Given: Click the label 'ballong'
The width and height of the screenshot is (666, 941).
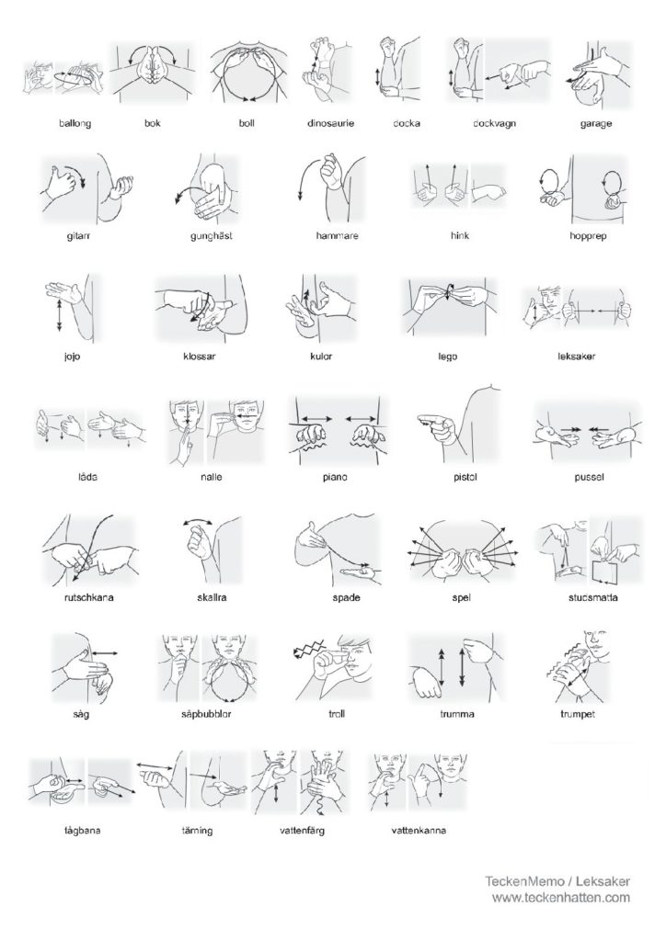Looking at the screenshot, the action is click(75, 124).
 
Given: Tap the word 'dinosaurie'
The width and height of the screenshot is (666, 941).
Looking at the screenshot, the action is click(330, 123).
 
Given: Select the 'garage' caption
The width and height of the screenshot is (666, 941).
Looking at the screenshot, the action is click(596, 124).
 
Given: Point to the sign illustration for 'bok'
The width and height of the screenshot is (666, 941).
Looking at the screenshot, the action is click(153, 72).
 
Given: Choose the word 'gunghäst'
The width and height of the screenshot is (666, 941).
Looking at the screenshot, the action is click(212, 236).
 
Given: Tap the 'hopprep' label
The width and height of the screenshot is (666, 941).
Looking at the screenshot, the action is click(588, 236).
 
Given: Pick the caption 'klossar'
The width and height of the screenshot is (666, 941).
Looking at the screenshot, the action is click(199, 357).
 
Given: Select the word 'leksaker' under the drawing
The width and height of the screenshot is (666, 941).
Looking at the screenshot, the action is click(576, 357).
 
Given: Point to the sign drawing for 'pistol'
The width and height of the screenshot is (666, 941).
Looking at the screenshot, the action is click(457, 422).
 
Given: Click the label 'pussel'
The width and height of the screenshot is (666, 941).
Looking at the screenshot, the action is click(589, 477).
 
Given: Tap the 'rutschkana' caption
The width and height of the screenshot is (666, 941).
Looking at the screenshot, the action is click(88, 597).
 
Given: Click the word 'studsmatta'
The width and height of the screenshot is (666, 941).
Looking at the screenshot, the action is click(592, 597).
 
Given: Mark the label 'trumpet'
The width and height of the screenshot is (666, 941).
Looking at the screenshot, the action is click(577, 714).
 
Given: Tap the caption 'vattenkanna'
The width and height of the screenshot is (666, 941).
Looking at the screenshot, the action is click(419, 831).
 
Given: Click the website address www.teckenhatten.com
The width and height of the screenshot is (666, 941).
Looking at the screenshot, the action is click(561, 898).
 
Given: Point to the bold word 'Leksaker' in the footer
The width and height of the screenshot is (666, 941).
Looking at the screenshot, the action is click(603, 881).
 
